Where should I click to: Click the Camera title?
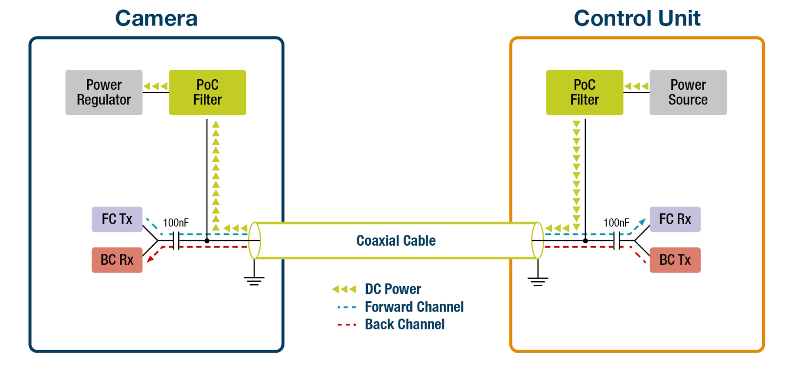156,19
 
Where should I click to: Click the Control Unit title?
637,19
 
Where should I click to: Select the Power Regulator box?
104,92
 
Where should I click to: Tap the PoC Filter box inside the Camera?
207,92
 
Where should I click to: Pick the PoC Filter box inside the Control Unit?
585,92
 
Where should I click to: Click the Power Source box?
688,92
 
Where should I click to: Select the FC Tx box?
117,219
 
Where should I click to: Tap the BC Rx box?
117,260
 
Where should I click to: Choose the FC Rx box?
675,219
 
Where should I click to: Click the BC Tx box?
675,260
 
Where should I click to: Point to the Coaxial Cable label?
396,241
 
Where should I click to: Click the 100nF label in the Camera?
176,223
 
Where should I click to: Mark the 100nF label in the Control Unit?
616,223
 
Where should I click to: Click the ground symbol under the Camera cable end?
254,280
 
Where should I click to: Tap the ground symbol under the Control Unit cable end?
538,280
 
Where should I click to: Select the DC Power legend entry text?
393,289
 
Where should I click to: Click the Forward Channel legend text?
414,307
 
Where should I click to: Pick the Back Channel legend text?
405,324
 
